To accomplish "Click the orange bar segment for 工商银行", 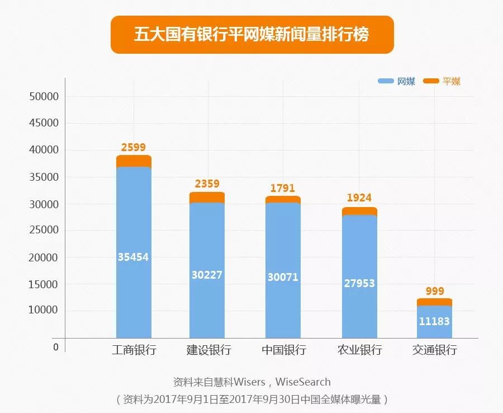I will [x=134, y=161].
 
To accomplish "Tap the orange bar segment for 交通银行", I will [x=434, y=302].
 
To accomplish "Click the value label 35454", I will [x=133, y=257].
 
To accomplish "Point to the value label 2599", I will [x=133, y=148].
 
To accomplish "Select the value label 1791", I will [x=282, y=189].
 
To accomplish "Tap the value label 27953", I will [x=359, y=283].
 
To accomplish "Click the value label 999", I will [x=434, y=291].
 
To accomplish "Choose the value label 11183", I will [x=434, y=321].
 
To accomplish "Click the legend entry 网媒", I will [x=397, y=82].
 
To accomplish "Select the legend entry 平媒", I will [x=443, y=82].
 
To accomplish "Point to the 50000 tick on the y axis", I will [x=44, y=96].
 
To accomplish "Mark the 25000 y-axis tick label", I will [x=44, y=231].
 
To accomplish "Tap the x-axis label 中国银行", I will [x=283, y=350].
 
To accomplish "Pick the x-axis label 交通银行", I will [x=434, y=350].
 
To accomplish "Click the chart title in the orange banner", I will [x=251, y=35].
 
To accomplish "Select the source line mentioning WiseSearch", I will [x=251, y=382].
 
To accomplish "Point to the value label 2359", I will [x=207, y=184].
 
